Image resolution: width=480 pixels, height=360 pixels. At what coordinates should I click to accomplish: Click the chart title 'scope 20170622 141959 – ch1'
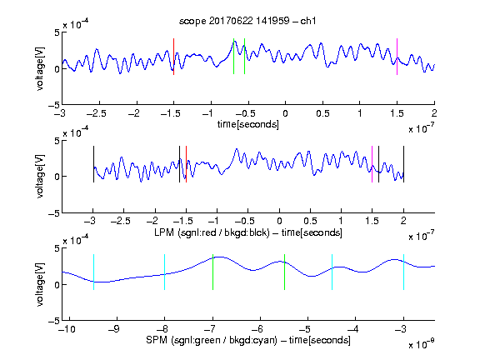click(247, 21)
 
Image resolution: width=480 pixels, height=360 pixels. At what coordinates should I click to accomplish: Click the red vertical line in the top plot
click(173, 57)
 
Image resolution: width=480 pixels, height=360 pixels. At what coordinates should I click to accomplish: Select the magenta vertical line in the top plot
click(397, 57)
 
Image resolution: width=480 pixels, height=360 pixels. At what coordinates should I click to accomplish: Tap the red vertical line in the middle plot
click(186, 164)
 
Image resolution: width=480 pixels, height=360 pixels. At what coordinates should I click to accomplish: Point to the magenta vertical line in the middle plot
click(372, 164)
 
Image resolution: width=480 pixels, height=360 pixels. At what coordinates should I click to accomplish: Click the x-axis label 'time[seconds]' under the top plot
click(248, 124)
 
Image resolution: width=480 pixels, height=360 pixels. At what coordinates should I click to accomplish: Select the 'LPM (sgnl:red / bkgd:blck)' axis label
click(212, 232)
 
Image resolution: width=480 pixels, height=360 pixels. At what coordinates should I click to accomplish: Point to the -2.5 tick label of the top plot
click(97, 113)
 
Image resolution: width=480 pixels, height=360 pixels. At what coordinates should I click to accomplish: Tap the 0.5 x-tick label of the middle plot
click(310, 221)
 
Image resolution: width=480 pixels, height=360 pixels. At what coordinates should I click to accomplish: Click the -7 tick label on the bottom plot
click(209, 329)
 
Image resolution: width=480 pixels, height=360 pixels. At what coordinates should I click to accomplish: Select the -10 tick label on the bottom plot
click(67, 329)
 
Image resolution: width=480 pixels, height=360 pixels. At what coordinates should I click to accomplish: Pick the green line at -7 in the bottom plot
click(212, 272)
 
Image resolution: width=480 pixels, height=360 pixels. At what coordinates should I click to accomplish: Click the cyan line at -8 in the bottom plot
click(165, 272)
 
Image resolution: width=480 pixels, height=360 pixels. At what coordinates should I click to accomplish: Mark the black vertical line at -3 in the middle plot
click(93, 164)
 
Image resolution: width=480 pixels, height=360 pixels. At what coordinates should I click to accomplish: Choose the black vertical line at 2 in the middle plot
click(404, 164)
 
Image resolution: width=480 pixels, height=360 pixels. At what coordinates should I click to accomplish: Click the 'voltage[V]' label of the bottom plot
click(40, 284)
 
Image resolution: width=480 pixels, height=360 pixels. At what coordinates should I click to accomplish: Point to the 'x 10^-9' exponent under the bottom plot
click(422, 344)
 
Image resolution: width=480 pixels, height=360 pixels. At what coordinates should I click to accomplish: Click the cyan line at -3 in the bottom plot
click(404, 272)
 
